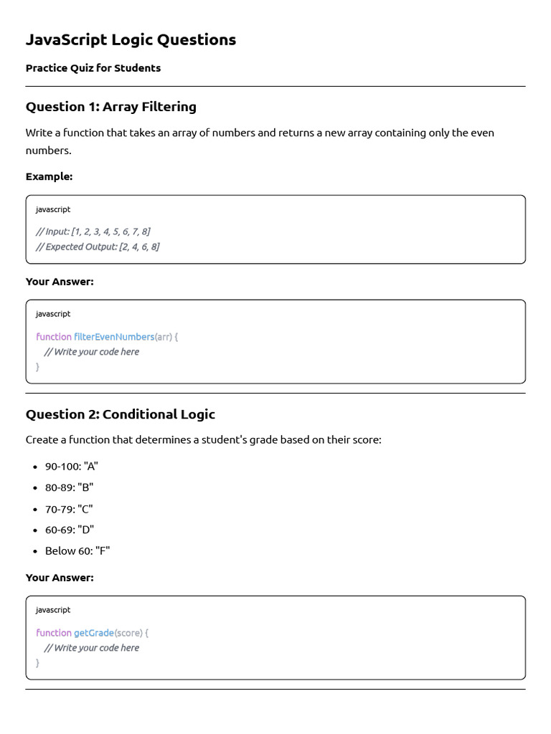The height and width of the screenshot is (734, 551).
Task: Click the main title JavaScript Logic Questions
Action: pyautogui.click(x=131, y=40)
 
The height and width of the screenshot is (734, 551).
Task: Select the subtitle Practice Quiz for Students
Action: pyautogui.click(x=93, y=68)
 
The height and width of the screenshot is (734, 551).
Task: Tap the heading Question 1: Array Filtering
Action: pyautogui.click(x=111, y=107)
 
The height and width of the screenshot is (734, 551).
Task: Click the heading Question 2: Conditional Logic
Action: pyautogui.click(x=121, y=414)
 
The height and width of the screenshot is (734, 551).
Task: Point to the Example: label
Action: pyautogui.click(x=49, y=176)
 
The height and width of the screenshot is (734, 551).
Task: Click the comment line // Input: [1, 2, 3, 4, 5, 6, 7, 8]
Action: pyautogui.click(x=93, y=232)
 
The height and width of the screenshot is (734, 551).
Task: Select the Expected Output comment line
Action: pyautogui.click(x=98, y=247)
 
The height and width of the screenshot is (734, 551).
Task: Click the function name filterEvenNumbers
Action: pyautogui.click(x=114, y=337)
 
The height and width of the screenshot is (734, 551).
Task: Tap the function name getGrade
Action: pyautogui.click(x=94, y=633)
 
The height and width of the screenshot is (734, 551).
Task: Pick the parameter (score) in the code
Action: pyautogui.click(x=129, y=633)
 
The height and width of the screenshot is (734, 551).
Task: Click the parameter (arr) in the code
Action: pyautogui.click(x=163, y=337)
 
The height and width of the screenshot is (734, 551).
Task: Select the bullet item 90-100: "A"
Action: pyautogui.click(x=72, y=466)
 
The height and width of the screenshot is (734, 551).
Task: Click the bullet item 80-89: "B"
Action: pyautogui.click(x=70, y=487)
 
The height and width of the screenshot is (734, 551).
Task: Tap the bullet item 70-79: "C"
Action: pyautogui.click(x=69, y=509)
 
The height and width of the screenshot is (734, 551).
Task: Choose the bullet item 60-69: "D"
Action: pyautogui.click(x=70, y=530)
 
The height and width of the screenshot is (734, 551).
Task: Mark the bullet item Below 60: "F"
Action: pyautogui.click(x=77, y=550)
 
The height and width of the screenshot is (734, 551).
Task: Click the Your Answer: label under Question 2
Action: pyautogui.click(x=60, y=578)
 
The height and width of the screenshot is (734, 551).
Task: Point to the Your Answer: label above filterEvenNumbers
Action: pyautogui.click(x=60, y=282)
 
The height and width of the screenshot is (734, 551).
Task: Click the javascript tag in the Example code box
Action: pyautogui.click(x=53, y=209)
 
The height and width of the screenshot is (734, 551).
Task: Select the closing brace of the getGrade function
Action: pyautogui.click(x=38, y=663)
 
